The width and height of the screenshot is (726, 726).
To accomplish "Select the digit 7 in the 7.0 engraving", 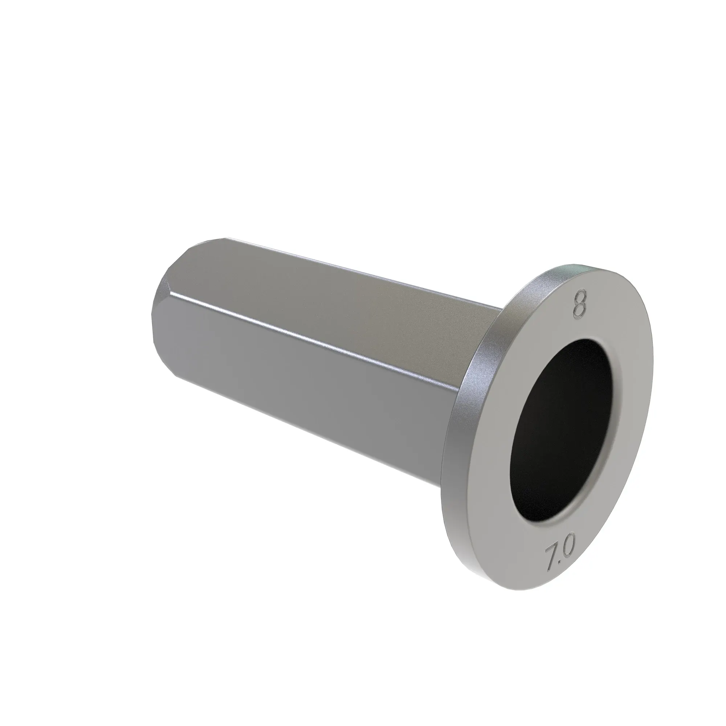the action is (551, 567).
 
